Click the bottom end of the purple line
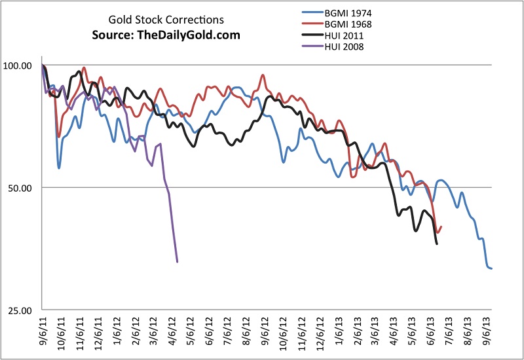(178, 262)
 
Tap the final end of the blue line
(492, 268)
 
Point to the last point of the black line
(437, 244)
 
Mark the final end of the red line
(441, 227)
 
